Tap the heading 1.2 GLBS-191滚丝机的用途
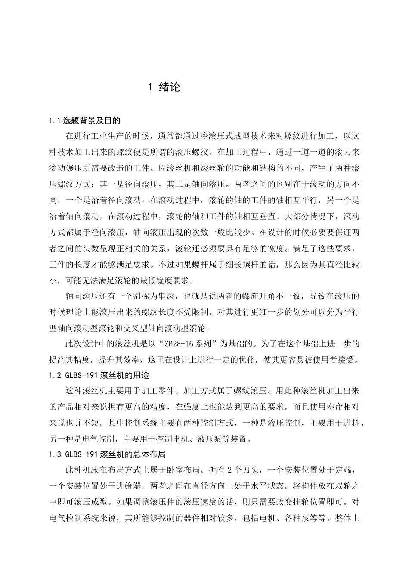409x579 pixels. (x=99, y=375)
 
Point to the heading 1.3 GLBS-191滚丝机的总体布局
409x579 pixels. (x=107, y=454)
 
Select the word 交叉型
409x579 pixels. (x=140, y=328)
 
